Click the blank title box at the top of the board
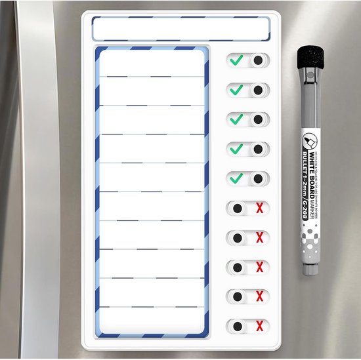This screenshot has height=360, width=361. pos(180,29)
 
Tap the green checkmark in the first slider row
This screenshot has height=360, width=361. pos(236,60)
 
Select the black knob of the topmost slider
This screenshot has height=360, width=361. pos(258,60)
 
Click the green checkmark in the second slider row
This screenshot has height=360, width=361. pos(236,89)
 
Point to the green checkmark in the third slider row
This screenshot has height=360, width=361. pos(236,119)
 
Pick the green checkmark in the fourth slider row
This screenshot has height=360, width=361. pos(236,149)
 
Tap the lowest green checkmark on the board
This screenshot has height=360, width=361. pos(236,178)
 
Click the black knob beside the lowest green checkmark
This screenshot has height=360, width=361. pos(258,178)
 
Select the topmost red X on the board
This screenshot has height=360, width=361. pos(259,209)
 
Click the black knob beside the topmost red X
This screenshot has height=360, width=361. pos(238,209)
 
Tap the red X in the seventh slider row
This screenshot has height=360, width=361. pos(259,237)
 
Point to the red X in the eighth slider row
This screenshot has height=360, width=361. pos(259,267)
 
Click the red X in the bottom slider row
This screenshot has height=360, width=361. pos(259,326)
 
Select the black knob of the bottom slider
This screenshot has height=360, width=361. pos(238,326)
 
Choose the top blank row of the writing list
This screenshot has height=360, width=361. pos(152,64)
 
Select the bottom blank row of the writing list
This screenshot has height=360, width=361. pos(152,321)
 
